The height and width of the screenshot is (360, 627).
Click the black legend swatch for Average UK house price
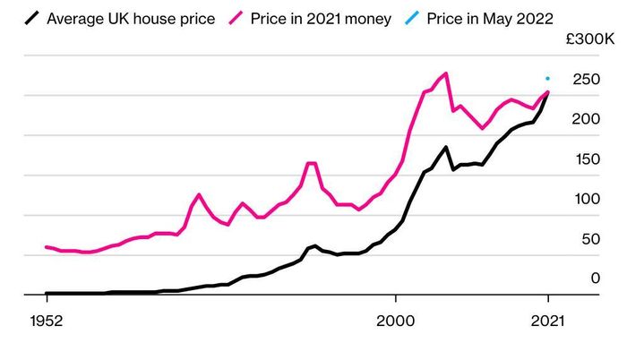click(x=31, y=18)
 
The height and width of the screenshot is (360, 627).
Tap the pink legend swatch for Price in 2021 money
click(x=236, y=18)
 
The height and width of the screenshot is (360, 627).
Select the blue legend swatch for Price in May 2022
click(x=412, y=18)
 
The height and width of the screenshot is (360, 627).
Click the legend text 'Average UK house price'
click(x=131, y=19)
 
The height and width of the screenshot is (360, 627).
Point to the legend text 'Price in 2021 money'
click(x=321, y=19)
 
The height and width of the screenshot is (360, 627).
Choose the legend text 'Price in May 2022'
click(x=490, y=19)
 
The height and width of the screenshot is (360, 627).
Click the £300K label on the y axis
click(x=589, y=39)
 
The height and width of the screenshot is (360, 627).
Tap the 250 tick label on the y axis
click(x=586, y=79)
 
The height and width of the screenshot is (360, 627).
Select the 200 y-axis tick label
click(x=586, y=119)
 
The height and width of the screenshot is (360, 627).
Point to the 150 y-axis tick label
click(x=588, y=159)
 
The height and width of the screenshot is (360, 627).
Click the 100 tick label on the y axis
click(x=588, y=199)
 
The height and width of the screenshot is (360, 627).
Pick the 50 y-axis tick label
click(x=591, y=239)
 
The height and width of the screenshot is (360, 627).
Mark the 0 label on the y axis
click(x=596, y=278)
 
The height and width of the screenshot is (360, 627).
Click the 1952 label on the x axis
click(x=47, y=321)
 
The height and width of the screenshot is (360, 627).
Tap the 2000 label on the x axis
click(x=396, y=321)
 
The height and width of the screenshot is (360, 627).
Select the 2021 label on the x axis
click(x=547, y=321)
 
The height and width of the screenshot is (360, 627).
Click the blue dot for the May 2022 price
click(x=547, y=79)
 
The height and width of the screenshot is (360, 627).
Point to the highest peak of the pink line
click(x=445, y=73)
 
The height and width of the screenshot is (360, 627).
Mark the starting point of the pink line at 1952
click(x=47, y=247)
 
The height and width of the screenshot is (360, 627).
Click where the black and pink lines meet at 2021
click(x=547, y=92)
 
